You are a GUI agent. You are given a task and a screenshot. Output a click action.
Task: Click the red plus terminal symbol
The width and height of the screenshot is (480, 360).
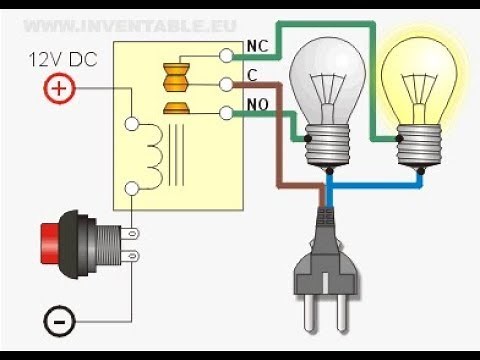[x=57, y=90]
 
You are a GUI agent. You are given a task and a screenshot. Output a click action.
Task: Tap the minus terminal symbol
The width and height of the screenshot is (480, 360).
[x=57, y=321]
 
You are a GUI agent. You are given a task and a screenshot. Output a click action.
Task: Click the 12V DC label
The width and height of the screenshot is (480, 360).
[x=59, y=61]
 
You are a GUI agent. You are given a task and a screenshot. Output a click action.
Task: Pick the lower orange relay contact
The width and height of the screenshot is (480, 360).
[x=175, y=106]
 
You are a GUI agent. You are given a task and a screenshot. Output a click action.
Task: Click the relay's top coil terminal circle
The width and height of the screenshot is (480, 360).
[x=130, y=126]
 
